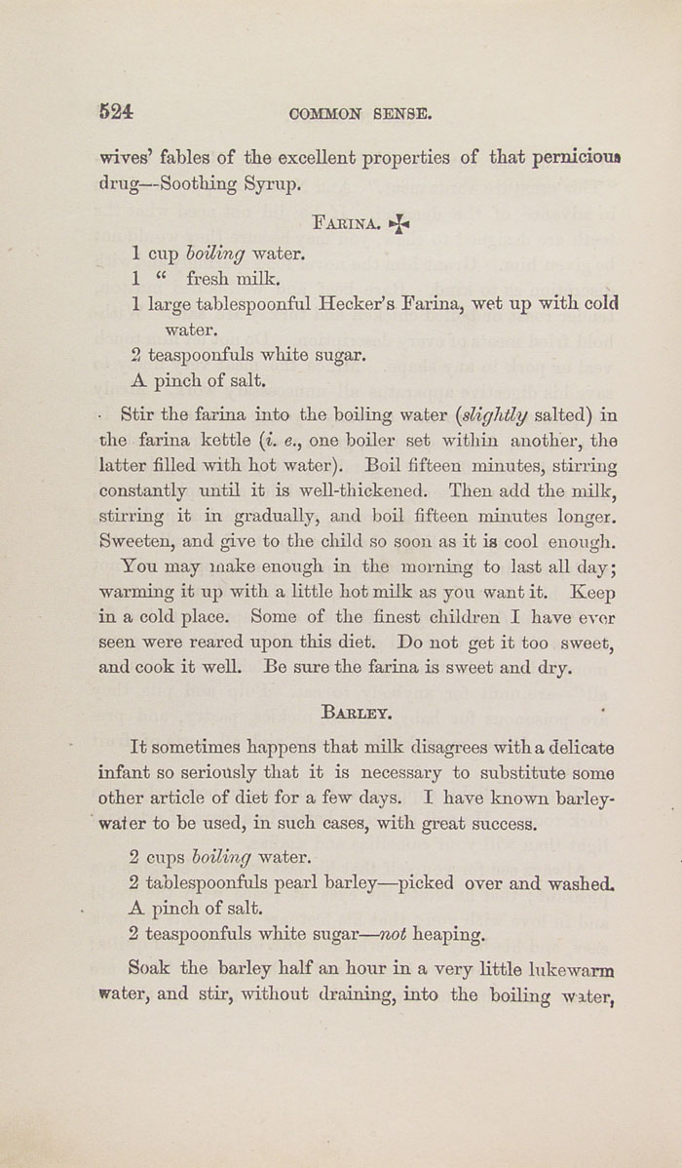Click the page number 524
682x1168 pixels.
click(x=116, y=111)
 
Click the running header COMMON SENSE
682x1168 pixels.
click(x=360, y=113)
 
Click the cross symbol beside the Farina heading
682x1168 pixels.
click(x=398, y=224)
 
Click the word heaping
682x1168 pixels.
click(x=448, y=934)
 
